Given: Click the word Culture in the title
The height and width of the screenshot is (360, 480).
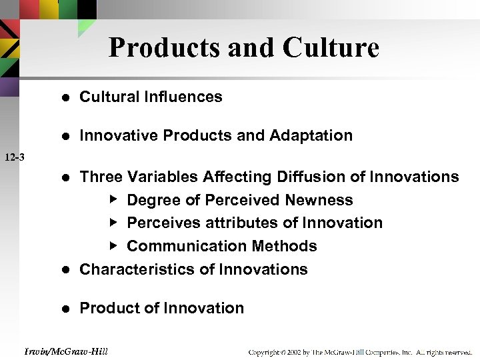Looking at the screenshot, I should click(x=331, y=48).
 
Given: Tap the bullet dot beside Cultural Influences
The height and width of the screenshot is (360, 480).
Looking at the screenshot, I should click(x=65, y=97).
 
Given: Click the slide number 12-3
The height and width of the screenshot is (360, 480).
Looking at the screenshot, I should click(x=14, y=158).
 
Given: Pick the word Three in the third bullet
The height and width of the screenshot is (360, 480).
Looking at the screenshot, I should click(x=101, y=177).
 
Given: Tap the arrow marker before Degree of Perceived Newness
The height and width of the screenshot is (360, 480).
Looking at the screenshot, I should click(x=113, y=199).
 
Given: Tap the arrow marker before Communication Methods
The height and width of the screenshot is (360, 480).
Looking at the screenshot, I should click(x=113, y=245).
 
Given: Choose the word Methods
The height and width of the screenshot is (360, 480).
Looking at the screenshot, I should click(x=289, y=246).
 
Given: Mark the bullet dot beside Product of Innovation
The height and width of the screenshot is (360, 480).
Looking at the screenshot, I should click(x=65, y=309).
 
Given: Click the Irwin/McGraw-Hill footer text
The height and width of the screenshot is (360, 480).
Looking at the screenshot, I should click(x=65, y=351).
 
